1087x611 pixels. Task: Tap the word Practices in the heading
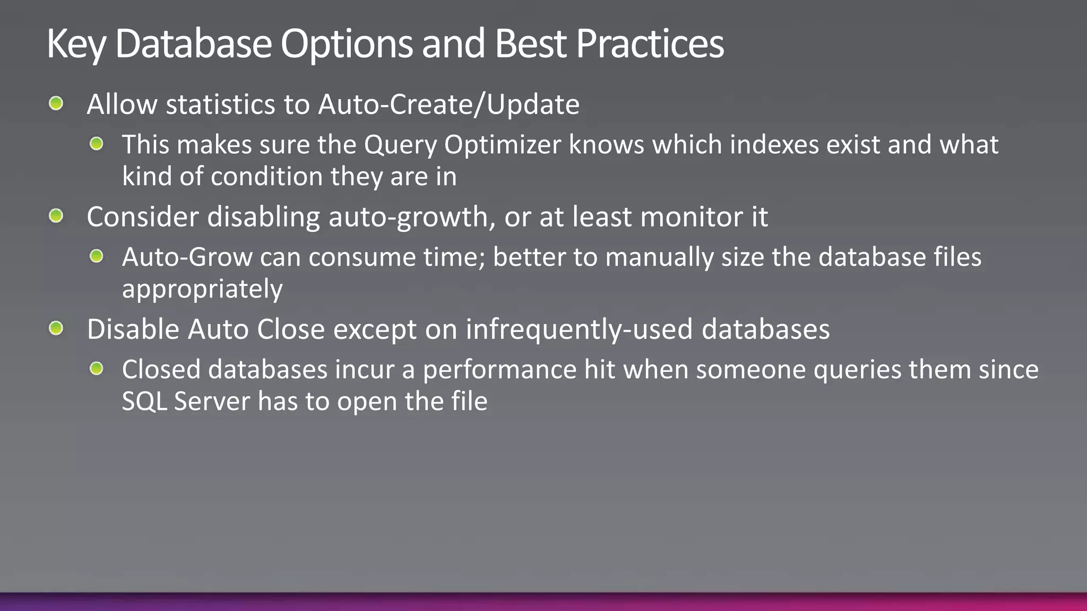tap(650, 43)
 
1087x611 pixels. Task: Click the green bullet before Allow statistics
tap(56, 103)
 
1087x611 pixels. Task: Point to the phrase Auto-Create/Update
tap(448, 104)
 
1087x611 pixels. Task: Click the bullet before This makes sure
tap(96, 143)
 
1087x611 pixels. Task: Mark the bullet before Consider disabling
tap(56, 216)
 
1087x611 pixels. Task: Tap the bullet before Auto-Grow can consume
tap(96, 256)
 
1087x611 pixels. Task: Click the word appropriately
tap(202, 289)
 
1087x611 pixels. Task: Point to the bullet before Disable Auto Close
tap(56, 328)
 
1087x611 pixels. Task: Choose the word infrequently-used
tap(579, 329)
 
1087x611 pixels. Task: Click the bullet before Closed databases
tap(96, 369)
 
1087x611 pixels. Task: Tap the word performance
tap(499, 370)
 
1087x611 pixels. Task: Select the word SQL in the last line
tap(144, 401)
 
